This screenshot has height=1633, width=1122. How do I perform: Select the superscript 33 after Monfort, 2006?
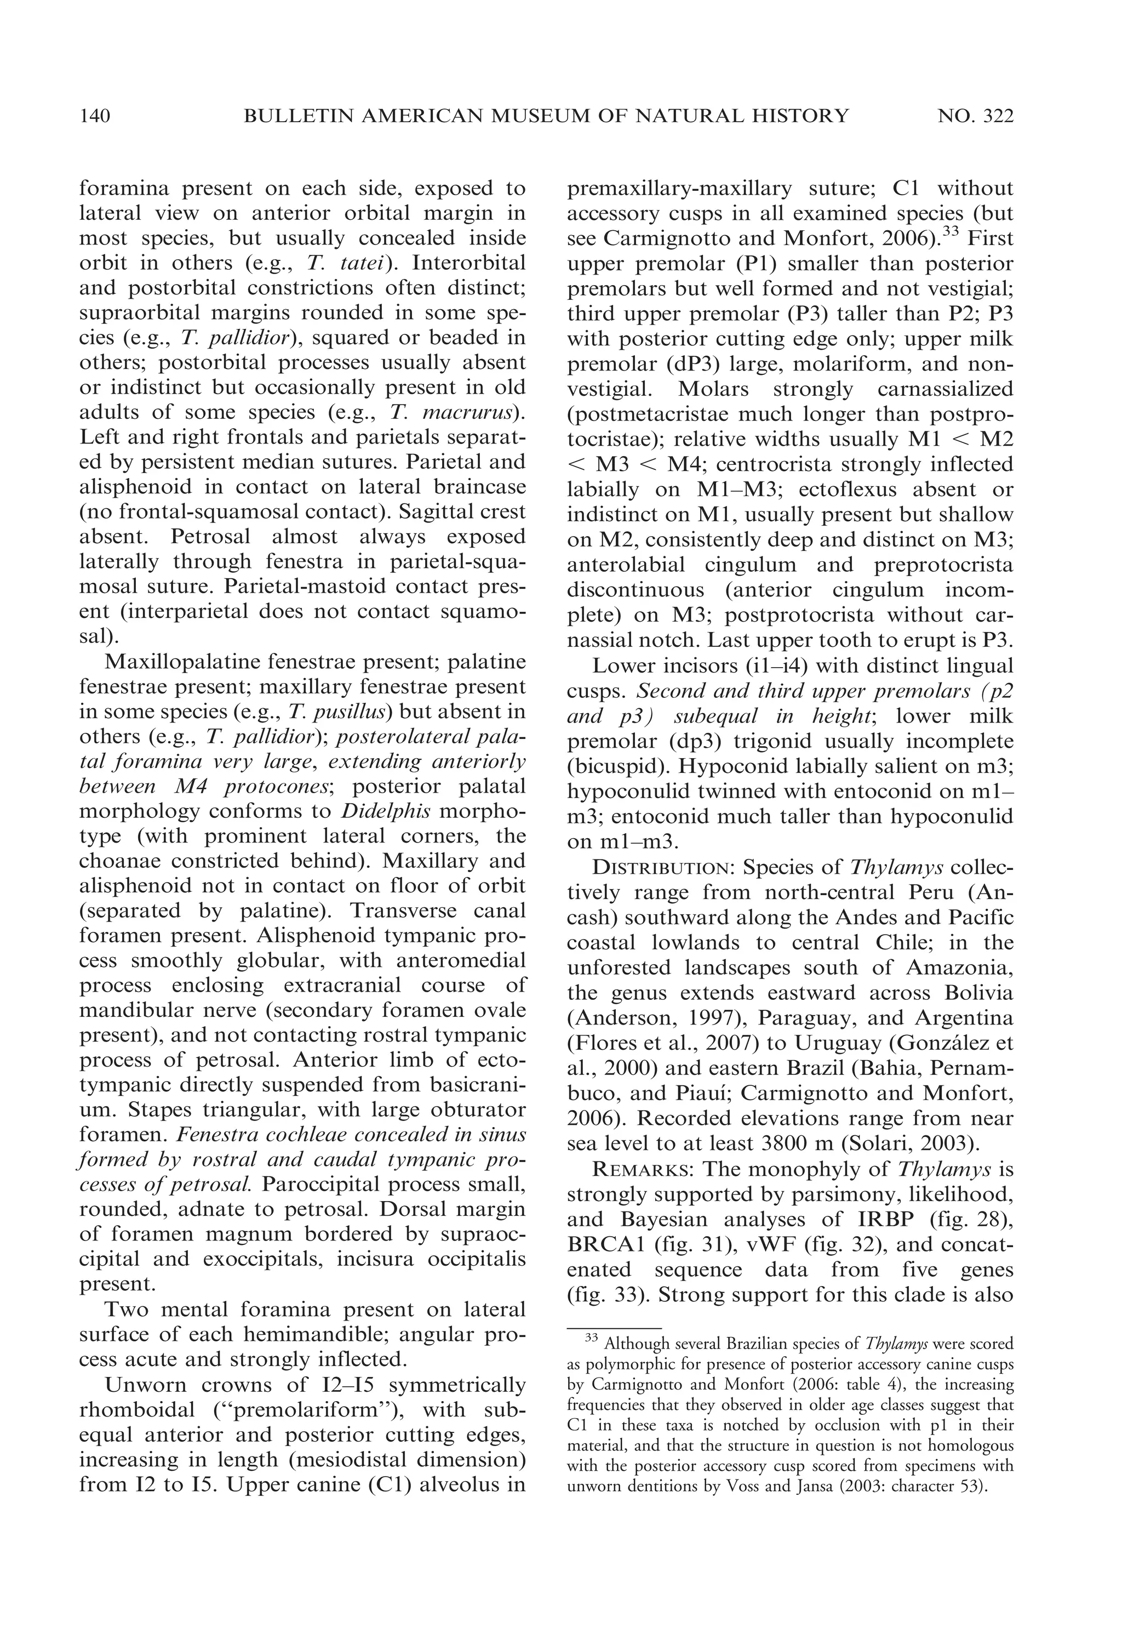click(x=951, y=231)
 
